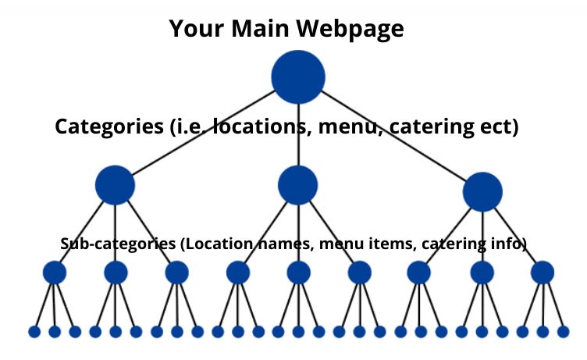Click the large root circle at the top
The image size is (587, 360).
(x=298, y=77)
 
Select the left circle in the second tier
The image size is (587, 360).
(x=115, y=186)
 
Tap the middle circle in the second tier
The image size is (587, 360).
(x=297, y=186)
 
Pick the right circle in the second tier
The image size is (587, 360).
(x=482, y=192)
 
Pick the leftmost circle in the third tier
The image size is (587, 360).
(x=54, y=273)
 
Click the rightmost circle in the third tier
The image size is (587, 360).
(x=542, y=273)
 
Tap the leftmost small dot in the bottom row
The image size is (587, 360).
(x=34, y=332)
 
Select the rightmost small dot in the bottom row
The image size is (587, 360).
(x=563, y=332)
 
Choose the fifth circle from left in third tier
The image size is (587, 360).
(x=298, y=273)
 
